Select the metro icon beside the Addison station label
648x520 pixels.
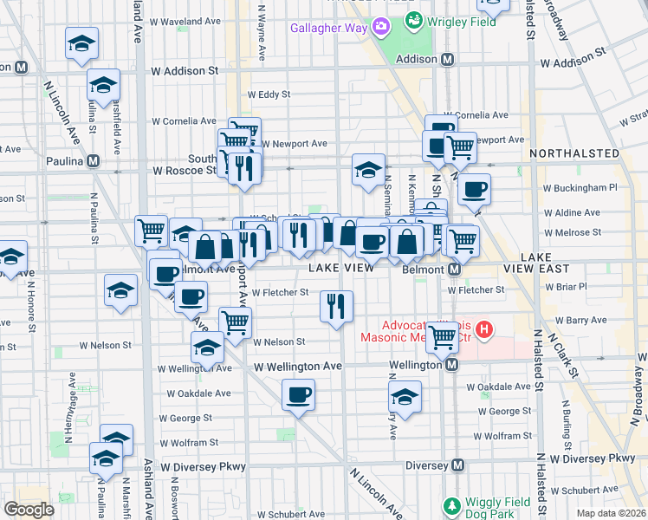[448, 60]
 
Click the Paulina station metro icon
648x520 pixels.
[93, 161]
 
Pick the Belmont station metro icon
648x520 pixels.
[454, 270]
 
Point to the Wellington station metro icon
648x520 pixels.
[451, 366]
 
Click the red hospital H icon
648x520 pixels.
[485, 329]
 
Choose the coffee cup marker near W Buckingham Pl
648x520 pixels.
[473, 189]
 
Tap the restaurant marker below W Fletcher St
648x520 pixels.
[336, 306]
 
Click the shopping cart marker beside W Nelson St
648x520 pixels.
[235, 322]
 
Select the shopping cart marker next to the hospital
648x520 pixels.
[442, 336]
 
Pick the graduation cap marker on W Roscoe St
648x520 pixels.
[368, 169]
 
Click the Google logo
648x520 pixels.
[29, 510]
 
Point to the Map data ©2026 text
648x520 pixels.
[612, 513]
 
